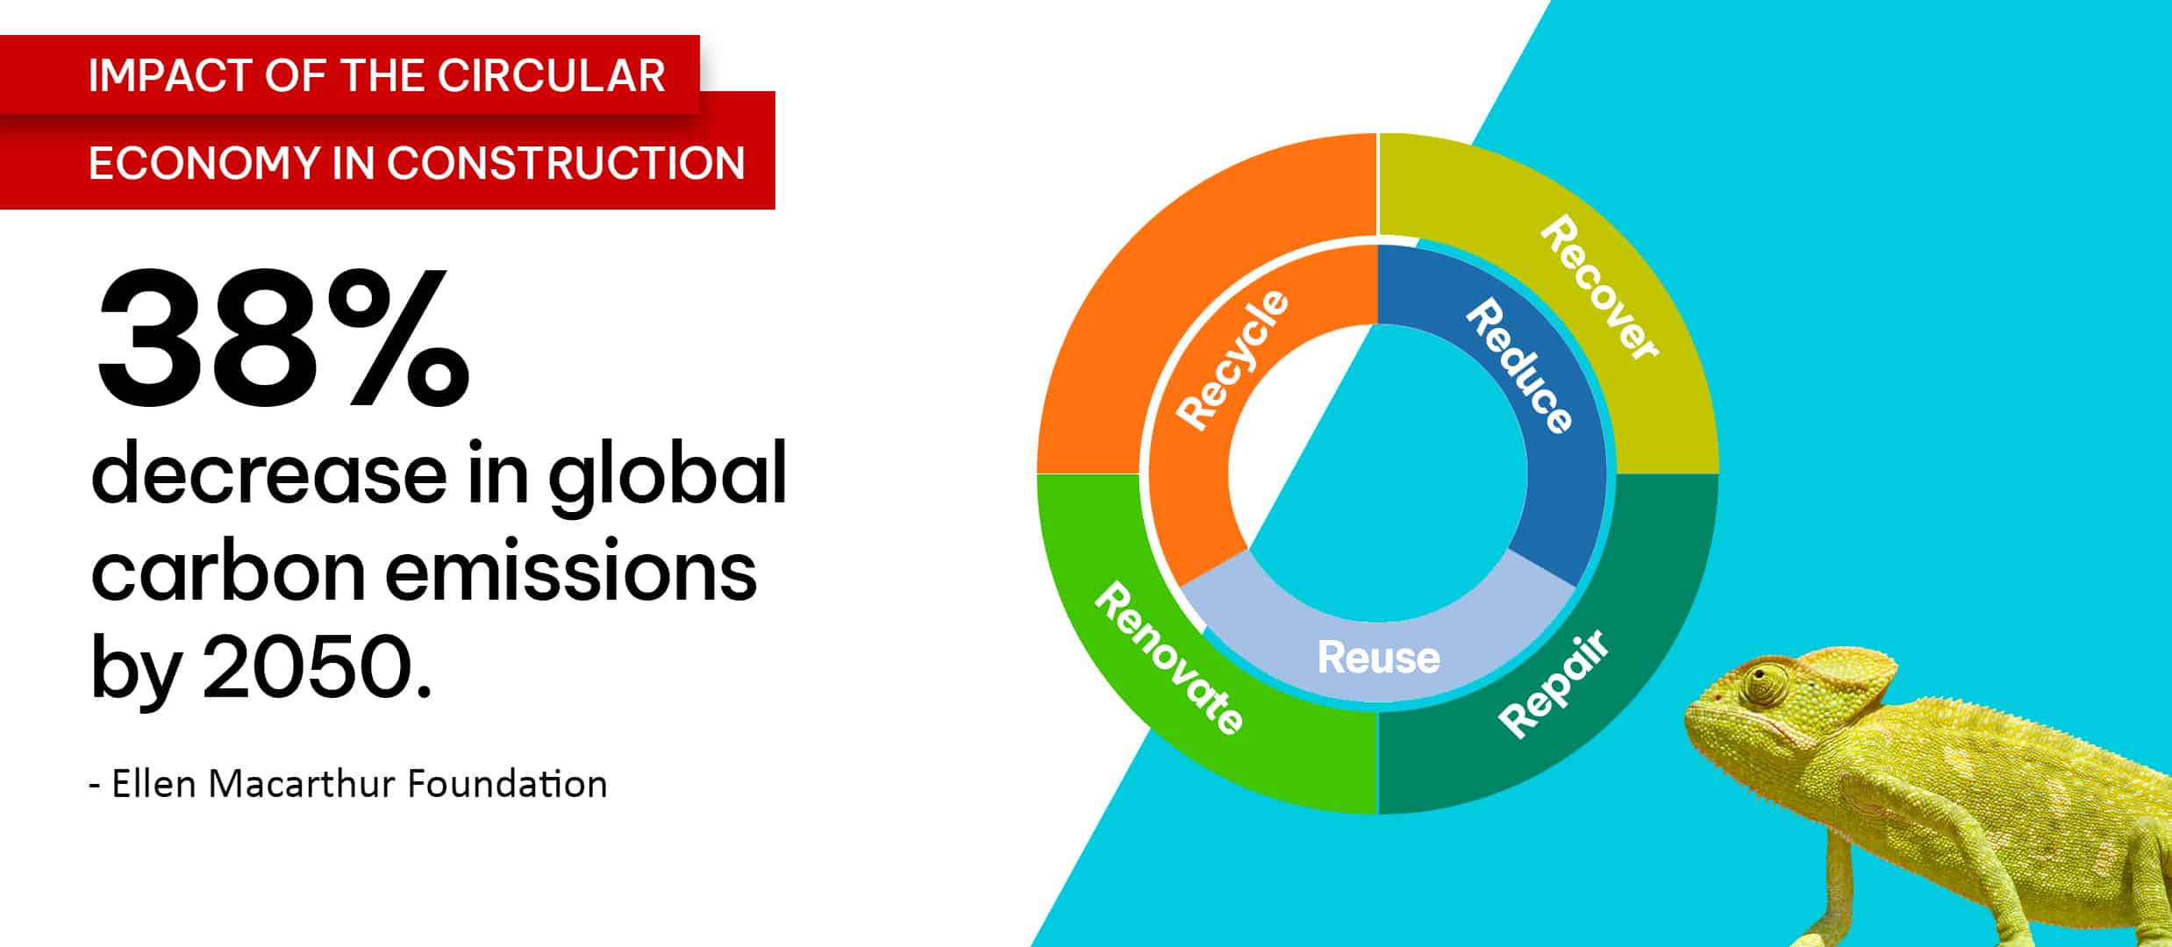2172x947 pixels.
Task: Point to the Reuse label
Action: click(1378, 658)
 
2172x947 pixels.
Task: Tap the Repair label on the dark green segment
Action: click(1554, 683)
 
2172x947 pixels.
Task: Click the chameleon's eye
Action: click(1763, 683)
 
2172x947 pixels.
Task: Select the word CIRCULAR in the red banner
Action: click(552, 75)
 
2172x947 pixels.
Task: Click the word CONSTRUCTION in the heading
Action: click(566, 163)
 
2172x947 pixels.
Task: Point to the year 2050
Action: click(318, 667)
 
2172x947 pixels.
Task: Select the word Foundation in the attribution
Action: click(507, 784)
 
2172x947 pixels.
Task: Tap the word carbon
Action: click(228, 570)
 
